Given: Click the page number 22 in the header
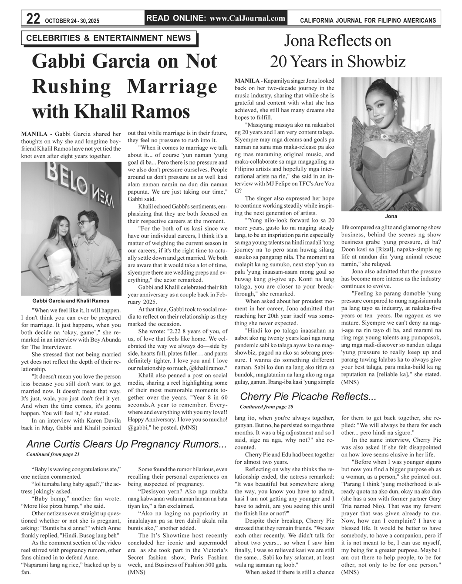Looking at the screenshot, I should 33,19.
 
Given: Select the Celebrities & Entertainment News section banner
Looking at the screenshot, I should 108,38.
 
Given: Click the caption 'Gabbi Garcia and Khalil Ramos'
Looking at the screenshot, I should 71,301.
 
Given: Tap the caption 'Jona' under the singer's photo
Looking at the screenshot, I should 391,216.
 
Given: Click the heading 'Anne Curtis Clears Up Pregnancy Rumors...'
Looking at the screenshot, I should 126,444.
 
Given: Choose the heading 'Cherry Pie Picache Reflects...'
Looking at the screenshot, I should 308,396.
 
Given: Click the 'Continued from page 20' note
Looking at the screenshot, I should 266,406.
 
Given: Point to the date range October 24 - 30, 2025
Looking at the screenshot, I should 72,20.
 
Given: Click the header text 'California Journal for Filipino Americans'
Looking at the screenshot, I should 368,20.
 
